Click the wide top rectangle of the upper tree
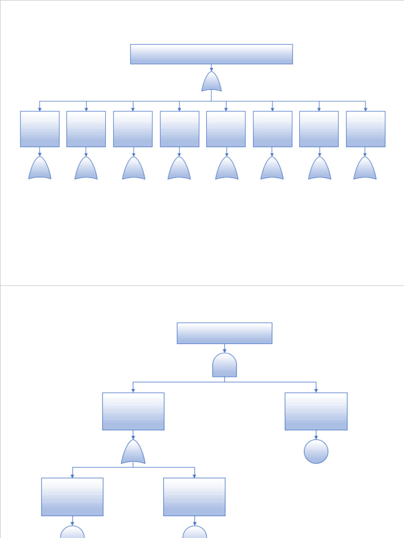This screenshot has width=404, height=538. tap(211, 54)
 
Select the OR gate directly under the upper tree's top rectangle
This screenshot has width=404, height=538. tap(211, 82)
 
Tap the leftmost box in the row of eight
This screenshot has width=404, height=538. tap(39, 129)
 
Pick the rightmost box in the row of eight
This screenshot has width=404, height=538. tap(366, 129)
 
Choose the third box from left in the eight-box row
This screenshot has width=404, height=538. tap(133, 129)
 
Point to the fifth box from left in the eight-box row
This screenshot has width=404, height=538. tap(226, 129)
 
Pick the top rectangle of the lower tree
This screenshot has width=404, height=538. tap(225, 333)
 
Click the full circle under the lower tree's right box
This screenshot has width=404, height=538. tap(316, 451)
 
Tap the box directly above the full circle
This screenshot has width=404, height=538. tap(316, 411)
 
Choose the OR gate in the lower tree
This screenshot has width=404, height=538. tap(133, 452)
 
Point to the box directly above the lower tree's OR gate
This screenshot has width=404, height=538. tap(133, 411)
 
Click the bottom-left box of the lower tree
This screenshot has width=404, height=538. tap(72, 496)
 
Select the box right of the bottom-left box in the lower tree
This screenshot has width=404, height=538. tap(194, 496)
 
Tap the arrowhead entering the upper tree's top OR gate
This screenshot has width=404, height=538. tap(211, 69)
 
